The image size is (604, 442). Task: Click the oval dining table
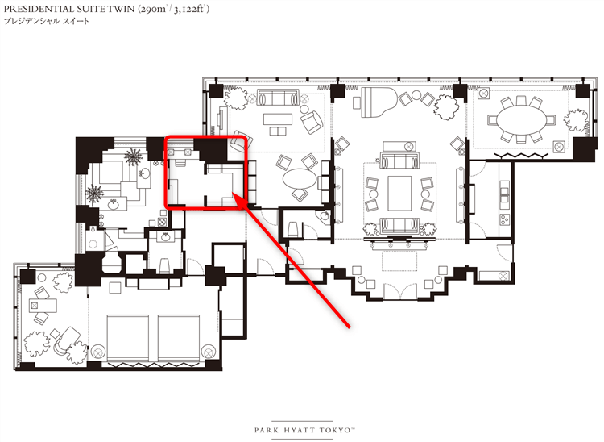point(522,120)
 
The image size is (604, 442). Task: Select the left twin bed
point(127,338)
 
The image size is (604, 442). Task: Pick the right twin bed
point(179,338)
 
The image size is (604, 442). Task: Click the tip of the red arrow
point(234,194)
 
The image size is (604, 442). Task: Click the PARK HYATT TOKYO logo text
point(304,430)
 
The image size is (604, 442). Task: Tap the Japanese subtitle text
point(47,21)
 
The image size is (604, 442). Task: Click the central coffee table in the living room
point(399,193)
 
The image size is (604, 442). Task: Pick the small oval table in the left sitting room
point(300,179)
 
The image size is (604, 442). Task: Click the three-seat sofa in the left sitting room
point(278,98)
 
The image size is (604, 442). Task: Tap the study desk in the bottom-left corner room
point(43,306)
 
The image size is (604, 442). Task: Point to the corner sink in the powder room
point(323,216)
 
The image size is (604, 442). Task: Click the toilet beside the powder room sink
point(293,229)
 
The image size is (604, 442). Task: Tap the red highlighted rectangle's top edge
point(205,137)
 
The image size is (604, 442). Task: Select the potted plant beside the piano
point(446,106)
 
